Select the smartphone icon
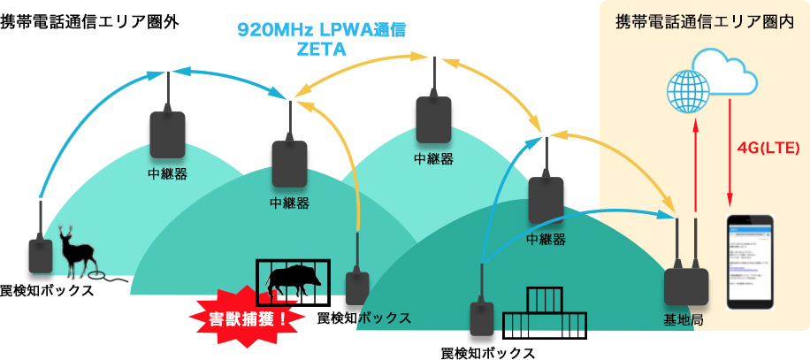coord(749,261)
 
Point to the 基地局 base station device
coord(687,286)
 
